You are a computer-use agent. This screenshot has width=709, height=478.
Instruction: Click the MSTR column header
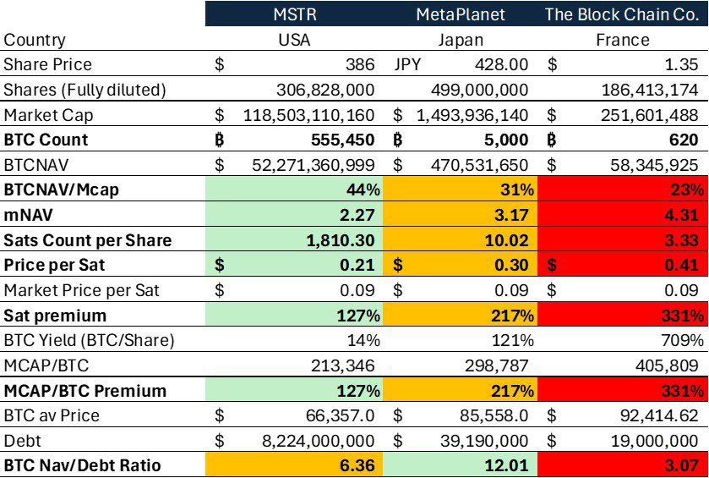[x=294, y=14]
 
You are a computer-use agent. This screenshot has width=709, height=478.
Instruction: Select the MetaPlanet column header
[x=462, y=14]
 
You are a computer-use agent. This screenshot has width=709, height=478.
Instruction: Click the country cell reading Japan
[x=462, y=40]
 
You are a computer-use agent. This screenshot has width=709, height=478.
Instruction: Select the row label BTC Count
[x=46, y=140]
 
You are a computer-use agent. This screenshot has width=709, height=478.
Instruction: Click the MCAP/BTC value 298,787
[x=499, y=366]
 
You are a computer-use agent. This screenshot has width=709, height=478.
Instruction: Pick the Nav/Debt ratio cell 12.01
[x=510, y=465]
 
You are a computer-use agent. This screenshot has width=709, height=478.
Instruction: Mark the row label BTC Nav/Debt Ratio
[x=83, y=465]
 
